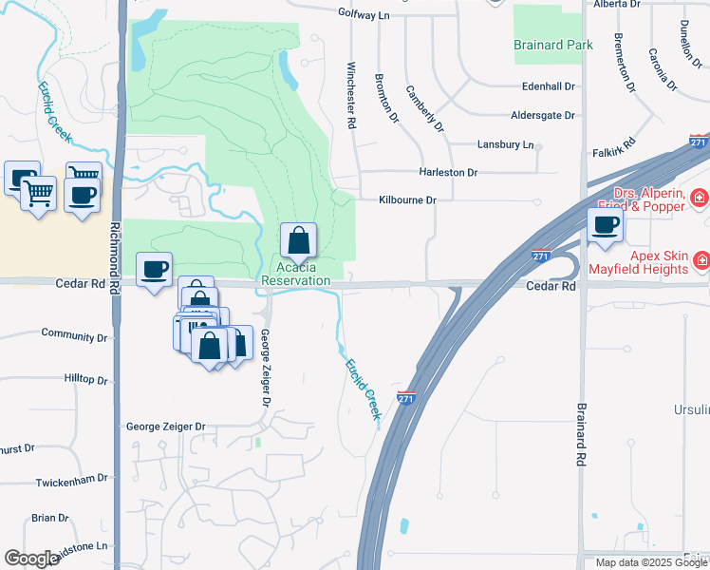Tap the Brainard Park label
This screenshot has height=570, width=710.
pos(553,45)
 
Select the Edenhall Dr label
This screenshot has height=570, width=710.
pos(549,86)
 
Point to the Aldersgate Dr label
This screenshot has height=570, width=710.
pos(543,116)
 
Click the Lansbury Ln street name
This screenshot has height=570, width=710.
pos(505,145)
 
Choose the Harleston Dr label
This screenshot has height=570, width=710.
pos(448,173)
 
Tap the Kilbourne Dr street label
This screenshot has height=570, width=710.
pos(407,200)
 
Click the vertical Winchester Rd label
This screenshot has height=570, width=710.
pos(350,95)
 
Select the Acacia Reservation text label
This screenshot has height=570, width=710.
pos(296,275)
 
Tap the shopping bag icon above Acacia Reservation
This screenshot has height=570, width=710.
pos(298,240)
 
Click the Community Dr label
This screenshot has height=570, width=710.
pos(74,336)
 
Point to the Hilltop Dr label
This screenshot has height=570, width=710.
pos(86,379)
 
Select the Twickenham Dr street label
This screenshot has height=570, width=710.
pos(72,482)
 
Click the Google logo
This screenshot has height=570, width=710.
pos(31,559)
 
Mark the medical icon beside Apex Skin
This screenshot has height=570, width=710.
pos(701,259)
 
